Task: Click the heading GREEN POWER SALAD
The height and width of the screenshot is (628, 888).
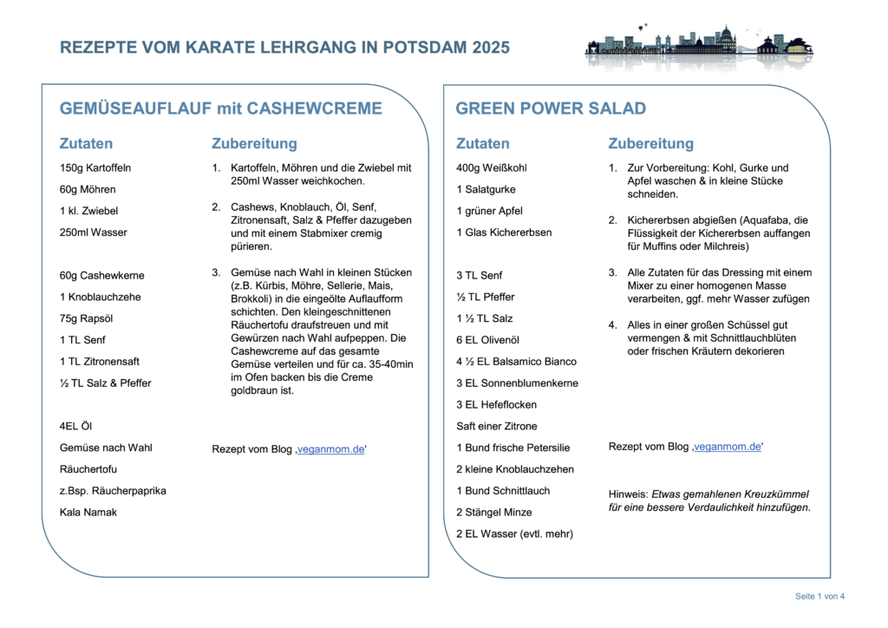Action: click(x=551, y=108)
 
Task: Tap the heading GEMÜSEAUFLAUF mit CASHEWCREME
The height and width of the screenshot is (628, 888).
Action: click(x=220, y=108)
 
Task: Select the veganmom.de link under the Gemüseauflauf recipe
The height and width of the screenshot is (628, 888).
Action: click(x=330, y=448)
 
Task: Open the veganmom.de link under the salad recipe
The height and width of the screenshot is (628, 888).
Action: click(x=727, y=446)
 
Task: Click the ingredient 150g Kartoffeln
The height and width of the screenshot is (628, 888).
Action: click(x=95, y=167)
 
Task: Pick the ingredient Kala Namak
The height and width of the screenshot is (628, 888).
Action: click(x=88, y=512)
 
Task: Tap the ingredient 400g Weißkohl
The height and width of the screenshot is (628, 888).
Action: click(x=492, y=167)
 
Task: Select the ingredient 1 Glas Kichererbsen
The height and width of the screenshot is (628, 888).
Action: click(x=504, y=232)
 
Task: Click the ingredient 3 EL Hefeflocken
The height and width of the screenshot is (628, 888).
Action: click(x=497, y=404)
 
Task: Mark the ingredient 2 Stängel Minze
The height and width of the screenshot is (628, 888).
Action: click(x=494, y=512)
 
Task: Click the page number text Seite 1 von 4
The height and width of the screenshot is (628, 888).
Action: click(x=819, y=596)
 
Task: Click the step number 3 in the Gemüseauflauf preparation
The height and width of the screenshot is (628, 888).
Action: click(x=216, y=272)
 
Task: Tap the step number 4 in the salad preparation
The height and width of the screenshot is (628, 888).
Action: click(x=612, y=324)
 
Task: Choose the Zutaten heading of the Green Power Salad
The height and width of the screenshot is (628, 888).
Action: click(x=482, y=143)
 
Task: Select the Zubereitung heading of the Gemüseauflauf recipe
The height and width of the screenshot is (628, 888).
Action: click(x=254, y=143)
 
